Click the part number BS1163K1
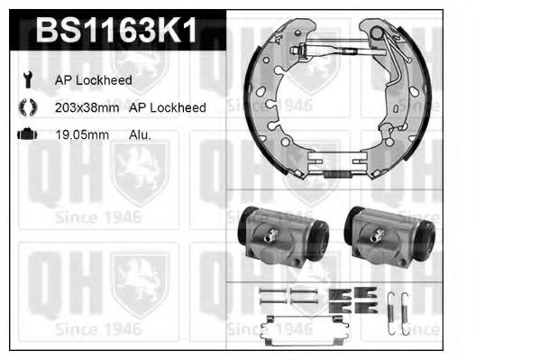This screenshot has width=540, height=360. click(116, 30)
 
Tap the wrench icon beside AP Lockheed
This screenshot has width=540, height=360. click(28, 79)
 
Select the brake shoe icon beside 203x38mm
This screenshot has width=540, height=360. click(28, 106)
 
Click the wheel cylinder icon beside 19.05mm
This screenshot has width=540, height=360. click(27, 134)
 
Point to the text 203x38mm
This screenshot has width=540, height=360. click(87, 107)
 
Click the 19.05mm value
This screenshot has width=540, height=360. click(82, 134)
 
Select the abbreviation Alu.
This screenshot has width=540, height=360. click(140, 134)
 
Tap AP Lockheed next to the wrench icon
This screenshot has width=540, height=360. click(94, 80)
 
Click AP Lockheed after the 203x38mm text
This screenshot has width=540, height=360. click(168, 107)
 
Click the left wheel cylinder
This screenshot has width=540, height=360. click(283, 237)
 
